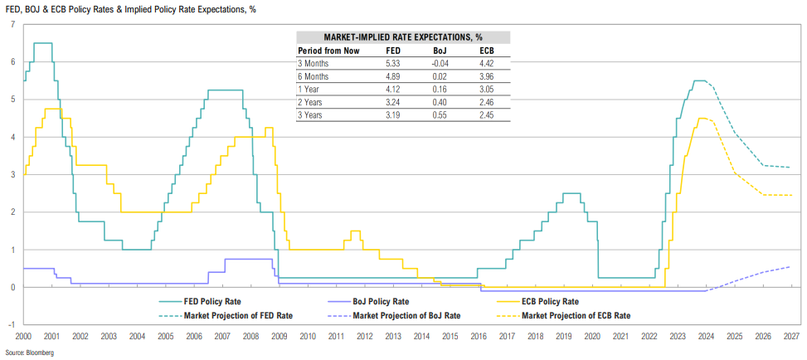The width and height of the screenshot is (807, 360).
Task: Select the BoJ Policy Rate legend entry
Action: point(384,301)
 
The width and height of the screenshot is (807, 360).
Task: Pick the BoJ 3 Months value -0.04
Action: point(441,62)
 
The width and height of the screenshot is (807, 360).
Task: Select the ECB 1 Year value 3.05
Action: point(488,89)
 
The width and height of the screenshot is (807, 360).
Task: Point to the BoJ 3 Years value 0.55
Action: point(441,115)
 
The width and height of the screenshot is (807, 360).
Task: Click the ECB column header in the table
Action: point(488,50)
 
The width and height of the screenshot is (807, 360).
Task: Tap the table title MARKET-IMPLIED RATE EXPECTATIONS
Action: point(403,37)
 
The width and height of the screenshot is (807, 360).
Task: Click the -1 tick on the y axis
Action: point(11,324)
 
